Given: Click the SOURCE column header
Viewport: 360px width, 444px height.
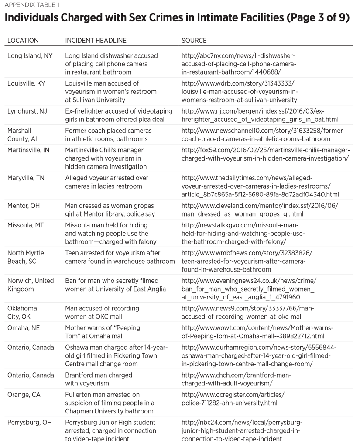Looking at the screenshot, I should [x=194, y=41].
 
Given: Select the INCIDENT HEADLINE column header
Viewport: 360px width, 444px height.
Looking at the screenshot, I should [x=96, y=41].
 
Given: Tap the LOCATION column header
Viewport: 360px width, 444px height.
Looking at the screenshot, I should [x=23, y=41].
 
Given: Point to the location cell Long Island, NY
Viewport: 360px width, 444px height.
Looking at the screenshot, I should [x=30, y=56].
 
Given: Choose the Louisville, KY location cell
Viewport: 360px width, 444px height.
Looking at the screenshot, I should [x=27, y=83].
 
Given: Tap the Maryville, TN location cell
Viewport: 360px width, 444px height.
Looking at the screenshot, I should [x=26, y=178].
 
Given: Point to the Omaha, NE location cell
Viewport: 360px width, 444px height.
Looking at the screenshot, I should [x=23, y=328].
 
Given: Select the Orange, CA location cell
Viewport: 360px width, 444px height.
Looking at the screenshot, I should [x=24, y=395].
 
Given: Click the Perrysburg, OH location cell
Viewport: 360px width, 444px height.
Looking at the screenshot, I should [x=29, y=423].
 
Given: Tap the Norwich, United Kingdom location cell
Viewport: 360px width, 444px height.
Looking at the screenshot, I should [x=31, y=285].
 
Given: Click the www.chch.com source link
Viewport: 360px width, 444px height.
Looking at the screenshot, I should [x=236, y=379].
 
